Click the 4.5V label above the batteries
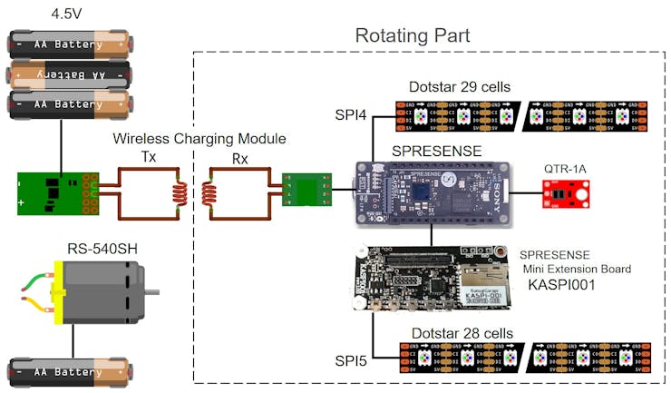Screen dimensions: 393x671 point(69,14)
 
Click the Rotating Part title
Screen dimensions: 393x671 point(412,36)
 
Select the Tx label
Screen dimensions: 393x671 point(148,156)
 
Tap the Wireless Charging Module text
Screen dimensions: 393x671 point(199,139)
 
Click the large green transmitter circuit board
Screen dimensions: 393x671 point(55,193)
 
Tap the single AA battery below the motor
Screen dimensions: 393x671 point(69,372)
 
